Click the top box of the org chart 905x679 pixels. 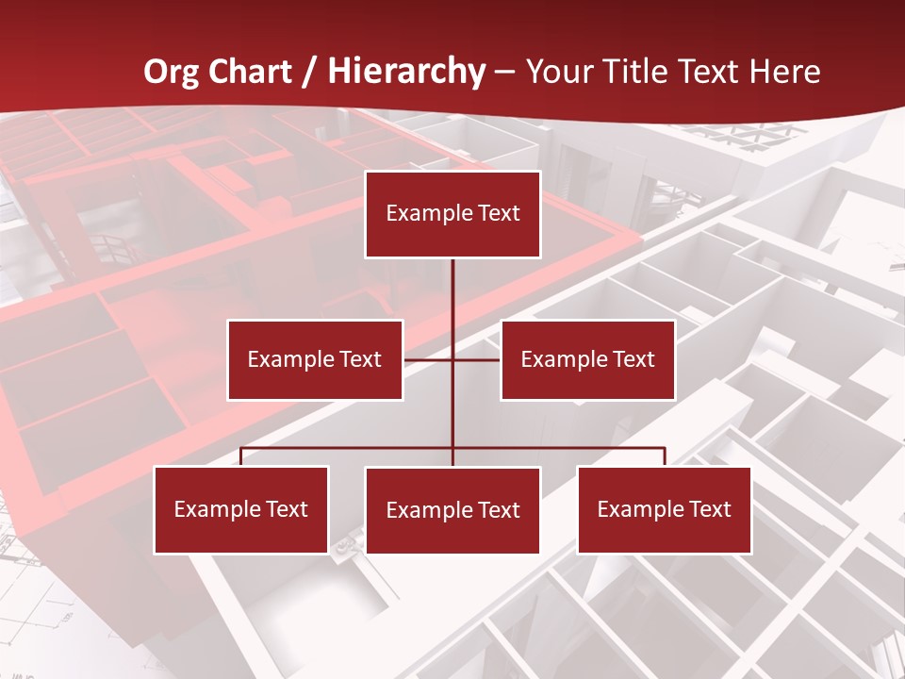click(x=452, y=214)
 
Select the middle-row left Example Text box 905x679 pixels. click(x=315, y=359)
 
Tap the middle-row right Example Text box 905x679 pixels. click(x=587, y=359)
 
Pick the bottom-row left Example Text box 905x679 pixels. click(x=241, y=509)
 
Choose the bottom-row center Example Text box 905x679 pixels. click(x=452, y=510)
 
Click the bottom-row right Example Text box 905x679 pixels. click(x=665, y=509)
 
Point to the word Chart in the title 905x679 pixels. click(x=250, y=72)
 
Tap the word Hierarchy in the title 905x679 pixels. click(x=406, y=73)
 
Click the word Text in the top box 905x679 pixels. click(x=499, y=213)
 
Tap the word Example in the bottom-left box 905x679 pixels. click(x=217, y=510)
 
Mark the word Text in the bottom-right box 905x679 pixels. click(x=710, y=509)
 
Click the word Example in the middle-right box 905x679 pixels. click(x=564, y=359)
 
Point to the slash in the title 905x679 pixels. click(x=309, y=73)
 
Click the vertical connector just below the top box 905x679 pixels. click(x=452, y=283)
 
